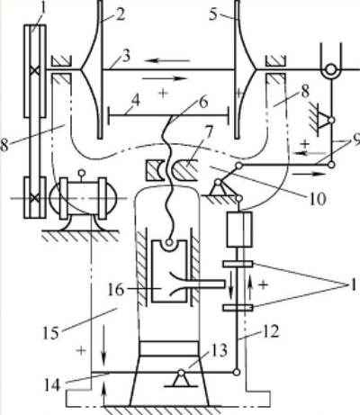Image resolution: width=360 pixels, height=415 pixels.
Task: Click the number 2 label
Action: pos(121,14)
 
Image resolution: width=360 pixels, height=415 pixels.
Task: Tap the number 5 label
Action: pos(212,14)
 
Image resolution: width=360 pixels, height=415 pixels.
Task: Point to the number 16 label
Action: pos(116,290)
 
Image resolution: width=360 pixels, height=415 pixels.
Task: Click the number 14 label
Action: pos(53,385)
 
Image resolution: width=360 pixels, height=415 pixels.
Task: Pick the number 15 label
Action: pos(51,333)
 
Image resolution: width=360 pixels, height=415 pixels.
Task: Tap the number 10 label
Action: pos(318,199)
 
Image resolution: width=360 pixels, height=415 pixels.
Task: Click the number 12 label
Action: pos(271,331)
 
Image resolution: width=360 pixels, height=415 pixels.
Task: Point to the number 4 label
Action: pos(136,102)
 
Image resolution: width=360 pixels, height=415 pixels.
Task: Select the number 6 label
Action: pos(203,103)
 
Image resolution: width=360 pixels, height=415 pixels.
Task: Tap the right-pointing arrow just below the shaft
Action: pos(165,78)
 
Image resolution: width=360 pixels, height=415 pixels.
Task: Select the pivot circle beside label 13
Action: pos(181,373)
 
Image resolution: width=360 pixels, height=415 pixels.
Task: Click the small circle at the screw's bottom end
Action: pos(169,242)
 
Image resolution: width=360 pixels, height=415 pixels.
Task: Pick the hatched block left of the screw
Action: pos(155,170)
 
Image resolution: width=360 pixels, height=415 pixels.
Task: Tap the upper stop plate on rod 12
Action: pos(238,264)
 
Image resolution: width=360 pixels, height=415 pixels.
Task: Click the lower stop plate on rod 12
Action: pos(238,308)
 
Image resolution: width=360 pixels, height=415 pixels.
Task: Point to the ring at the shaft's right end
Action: pos(331,69)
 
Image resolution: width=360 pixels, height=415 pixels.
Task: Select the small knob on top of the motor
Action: pos(81,173)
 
